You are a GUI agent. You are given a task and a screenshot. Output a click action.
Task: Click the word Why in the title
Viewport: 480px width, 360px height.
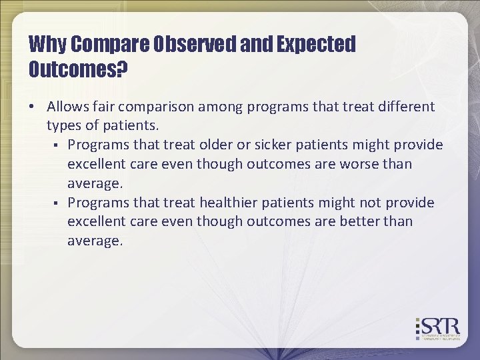coord(47,45)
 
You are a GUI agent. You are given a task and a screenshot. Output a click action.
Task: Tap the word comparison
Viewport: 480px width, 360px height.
coord(157,107)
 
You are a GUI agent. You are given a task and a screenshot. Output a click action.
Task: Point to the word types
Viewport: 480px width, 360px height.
coord(63,125)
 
